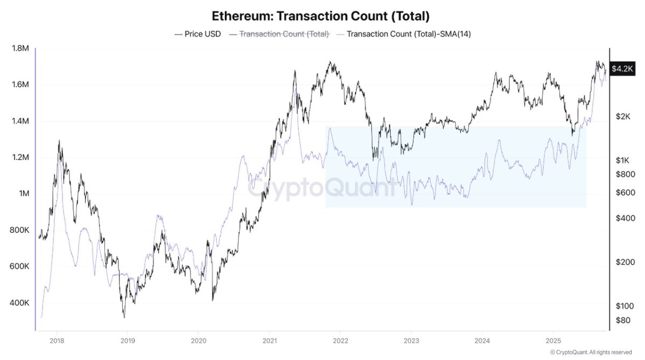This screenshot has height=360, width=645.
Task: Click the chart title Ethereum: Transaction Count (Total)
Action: click(321, 16)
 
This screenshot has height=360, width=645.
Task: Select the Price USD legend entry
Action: click(198, 34)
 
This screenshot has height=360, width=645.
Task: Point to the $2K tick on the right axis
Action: click(622, 117)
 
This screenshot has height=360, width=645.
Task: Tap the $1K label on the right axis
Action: click(622, 160)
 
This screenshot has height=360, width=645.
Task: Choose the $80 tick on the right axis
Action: click(622, 320)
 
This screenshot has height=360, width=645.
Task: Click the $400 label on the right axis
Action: click(622, 218)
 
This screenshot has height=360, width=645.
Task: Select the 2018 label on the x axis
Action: click(56, 340)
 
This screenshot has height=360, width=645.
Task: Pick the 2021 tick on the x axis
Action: click(270, 340)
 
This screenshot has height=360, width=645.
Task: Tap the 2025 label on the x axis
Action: click(554, 340)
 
